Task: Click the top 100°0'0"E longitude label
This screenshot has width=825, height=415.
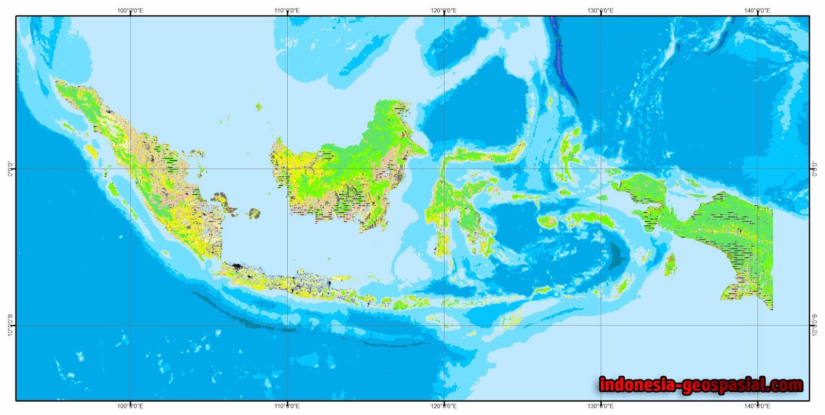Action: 130,10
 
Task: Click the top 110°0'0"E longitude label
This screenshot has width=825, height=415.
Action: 287,10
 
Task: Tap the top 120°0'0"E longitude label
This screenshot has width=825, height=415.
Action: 443,10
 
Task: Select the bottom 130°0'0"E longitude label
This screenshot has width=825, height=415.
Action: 601,406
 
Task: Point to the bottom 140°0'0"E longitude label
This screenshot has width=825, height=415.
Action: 757,406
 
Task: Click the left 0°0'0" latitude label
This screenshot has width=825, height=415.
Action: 10,169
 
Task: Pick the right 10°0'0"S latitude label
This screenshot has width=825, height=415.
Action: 815,325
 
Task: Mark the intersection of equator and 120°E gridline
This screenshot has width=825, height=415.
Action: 444,169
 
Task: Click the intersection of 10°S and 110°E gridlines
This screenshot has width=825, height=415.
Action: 287,325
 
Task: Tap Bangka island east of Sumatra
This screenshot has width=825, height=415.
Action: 225,203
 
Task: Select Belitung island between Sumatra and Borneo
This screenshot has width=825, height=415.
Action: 254,213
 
